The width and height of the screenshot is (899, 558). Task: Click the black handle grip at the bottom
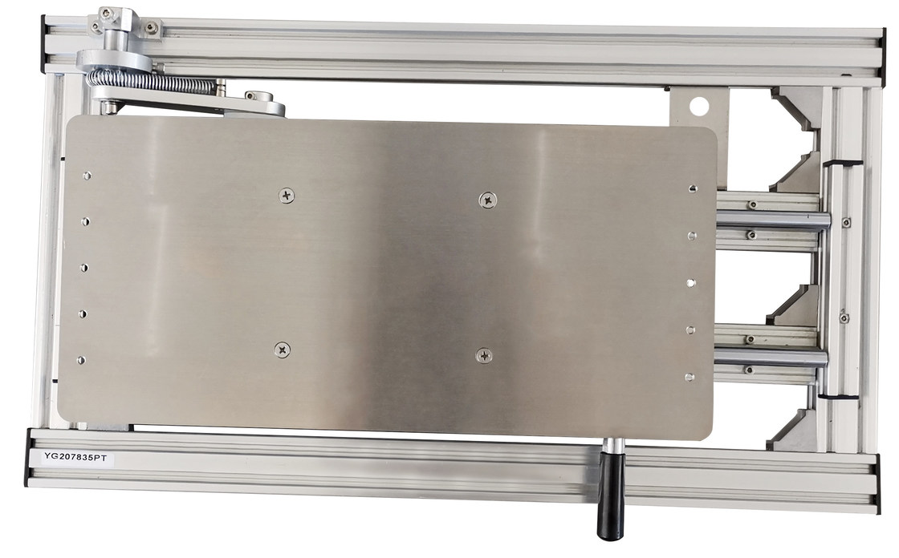pos(612,495)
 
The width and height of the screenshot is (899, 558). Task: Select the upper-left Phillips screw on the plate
pos(287,196)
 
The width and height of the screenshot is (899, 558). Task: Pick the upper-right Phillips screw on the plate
pos(487,200)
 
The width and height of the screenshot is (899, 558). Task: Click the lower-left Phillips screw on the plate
pos(282,350)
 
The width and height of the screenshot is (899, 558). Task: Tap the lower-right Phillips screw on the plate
pos(485,356)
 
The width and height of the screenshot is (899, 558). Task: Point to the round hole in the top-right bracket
pos(699,105)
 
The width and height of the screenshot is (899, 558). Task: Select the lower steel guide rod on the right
pos(771,358)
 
